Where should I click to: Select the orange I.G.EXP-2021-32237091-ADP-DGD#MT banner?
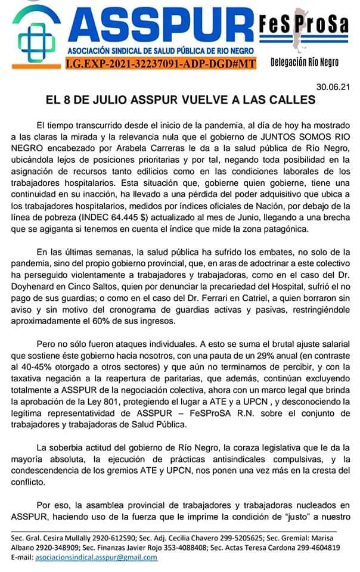click(x=152, y=63)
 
